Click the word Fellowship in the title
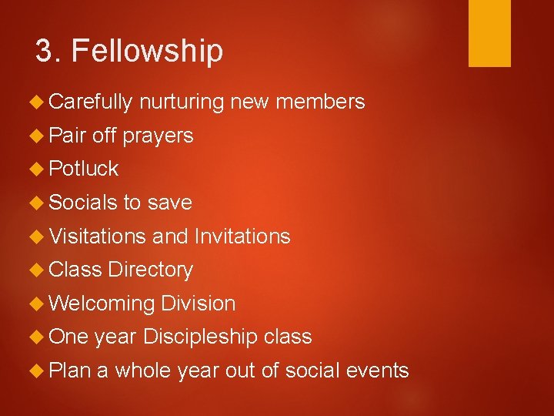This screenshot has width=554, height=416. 146,52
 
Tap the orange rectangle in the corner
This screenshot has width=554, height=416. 489,32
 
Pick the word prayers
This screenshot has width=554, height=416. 158,136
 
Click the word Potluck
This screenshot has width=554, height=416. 83,169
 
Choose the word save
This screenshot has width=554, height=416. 169,203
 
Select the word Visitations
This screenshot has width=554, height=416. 97,237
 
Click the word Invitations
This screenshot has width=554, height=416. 242,237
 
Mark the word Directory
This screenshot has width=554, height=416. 151,270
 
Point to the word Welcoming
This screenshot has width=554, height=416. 102,304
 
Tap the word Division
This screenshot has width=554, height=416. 199,304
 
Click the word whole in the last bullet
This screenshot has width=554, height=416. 145,371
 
